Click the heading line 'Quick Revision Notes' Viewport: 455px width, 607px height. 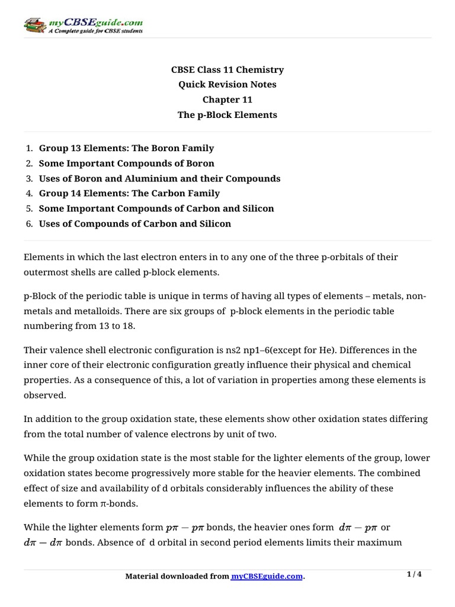pos(227,85)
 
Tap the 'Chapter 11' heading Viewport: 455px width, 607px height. pos(227,100)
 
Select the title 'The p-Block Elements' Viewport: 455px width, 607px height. pos(227,115)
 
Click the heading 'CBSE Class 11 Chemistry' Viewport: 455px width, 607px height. pos(227,69)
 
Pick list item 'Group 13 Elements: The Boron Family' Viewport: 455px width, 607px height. pos(126,148)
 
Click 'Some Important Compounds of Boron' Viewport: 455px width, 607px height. pos(126,163)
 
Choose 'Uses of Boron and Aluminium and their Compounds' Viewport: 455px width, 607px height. pos(159,178)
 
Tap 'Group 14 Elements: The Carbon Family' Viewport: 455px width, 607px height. pos(129,193)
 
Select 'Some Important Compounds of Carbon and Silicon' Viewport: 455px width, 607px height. pos(156,209)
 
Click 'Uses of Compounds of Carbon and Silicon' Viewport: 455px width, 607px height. pos(134,223)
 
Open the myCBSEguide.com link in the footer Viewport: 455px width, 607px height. pos(267,576)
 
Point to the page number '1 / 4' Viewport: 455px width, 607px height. pos(414,574)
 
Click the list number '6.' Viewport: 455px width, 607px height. pos(29,223)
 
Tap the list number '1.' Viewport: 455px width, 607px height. pos(29,148)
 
